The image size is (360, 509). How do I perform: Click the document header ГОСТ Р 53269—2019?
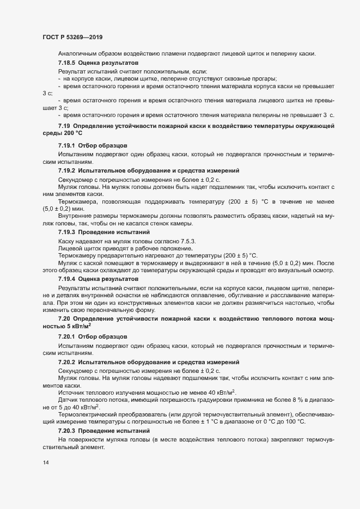(72, 38)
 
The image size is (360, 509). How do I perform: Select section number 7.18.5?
(67, 63)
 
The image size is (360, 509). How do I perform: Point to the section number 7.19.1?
(67, 146)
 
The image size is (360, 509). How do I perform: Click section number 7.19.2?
(67, 171)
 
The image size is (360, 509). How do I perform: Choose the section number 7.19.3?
(67, 232)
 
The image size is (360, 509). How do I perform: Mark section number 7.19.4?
(67, 279)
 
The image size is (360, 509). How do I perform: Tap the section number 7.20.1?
(67, 337)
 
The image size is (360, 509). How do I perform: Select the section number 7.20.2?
(67, 362)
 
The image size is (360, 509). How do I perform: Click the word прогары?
(263, 78)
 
